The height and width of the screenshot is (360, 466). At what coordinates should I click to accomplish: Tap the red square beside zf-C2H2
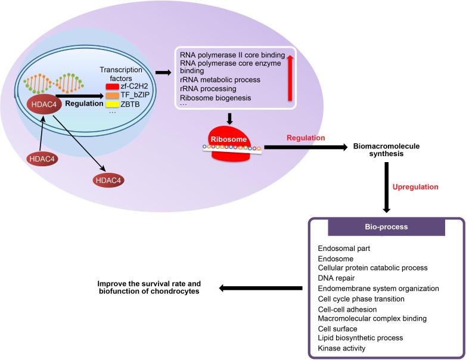tap(111, 87)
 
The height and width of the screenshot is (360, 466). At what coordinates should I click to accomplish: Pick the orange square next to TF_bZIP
tap(111, 95)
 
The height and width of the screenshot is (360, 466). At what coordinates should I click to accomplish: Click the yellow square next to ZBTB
tap(111, 104)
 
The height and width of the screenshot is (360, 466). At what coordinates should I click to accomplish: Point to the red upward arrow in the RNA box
tap(290, 77)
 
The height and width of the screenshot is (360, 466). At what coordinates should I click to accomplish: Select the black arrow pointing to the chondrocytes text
tap(260, 288)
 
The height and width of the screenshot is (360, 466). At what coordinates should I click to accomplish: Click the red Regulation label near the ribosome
tap(306, 138)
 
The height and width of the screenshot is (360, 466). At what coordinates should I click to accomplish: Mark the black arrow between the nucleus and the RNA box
tap(162, 72)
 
